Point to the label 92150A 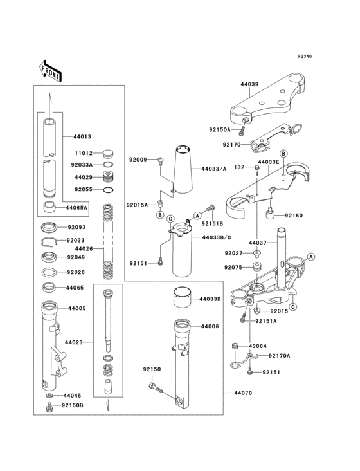click(219, 129)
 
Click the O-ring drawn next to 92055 click(109, 190)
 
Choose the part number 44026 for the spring click(84, 249)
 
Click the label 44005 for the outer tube click(76, 309)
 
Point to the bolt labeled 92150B click(49, 406)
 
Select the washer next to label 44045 click(50, 395)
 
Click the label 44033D click(210, 299)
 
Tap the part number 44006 click(210, 327)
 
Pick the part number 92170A click(279, 355)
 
